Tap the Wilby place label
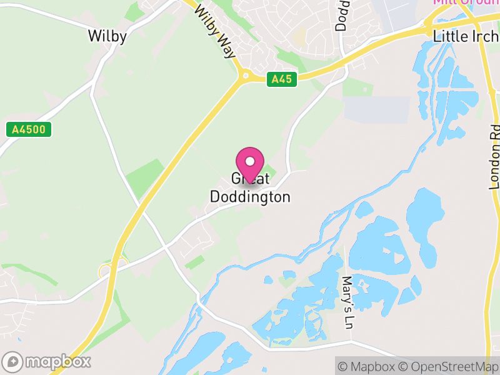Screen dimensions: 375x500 tap(107, 36)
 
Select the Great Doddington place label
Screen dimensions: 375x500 tap(250, 188)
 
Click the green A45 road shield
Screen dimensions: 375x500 tap(281, 79)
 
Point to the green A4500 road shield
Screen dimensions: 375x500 tap(29, 130)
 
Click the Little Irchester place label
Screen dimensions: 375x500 tap(466, 37)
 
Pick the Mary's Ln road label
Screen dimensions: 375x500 tap(348, 302)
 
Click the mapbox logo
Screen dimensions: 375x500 tap(47, 361)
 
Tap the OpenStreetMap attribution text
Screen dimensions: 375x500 tap(448, 366)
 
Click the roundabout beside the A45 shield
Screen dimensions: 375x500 tap(245, 76)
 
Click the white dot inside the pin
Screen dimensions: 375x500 tap(250, 161)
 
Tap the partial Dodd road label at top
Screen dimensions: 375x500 tap(342, 16)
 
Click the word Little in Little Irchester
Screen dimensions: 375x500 tap(447, 37)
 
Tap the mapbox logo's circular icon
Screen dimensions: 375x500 tap(13, 361)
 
